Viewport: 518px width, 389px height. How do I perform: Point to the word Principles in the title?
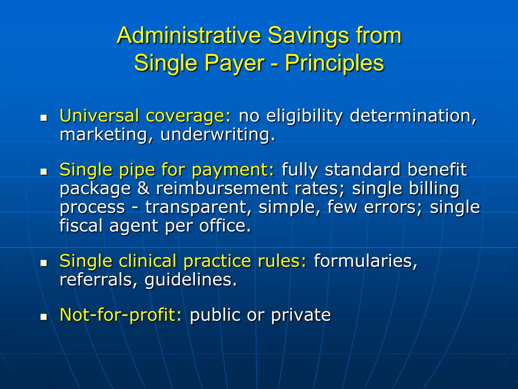tap(334, 63)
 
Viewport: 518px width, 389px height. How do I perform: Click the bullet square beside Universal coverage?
tap(44, 118)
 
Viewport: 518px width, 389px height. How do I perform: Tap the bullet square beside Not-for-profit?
tap(44, 317)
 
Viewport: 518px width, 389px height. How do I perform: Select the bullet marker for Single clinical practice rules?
tap(44, 263)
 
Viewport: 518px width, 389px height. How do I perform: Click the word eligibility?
tap(304, 116)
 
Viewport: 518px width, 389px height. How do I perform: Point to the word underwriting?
tap(218, 134)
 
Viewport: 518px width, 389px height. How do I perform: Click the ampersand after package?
tap(143, 188)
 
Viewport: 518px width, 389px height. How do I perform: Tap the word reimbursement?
tap(222, 188)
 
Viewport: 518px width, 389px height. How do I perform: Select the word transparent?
tap(199, 207)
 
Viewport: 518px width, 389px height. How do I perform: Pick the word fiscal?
tap(81, 225)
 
